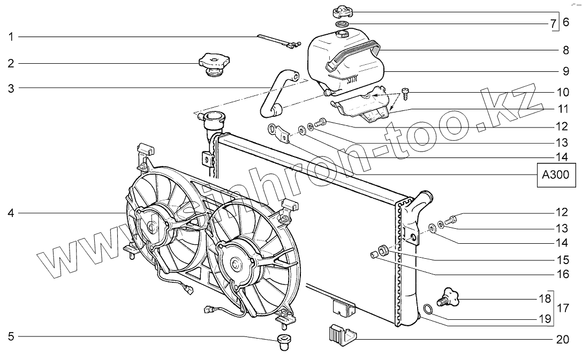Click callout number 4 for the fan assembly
pyautogui.click(x=10, y=213)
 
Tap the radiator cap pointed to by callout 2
pyautogui.click(x=213, y=63)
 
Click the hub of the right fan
pyautogui.click(x=235, y=264)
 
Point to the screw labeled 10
pyautogui.click(x=406, y=93)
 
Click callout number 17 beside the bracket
pyautogui.click(x=562, y=309)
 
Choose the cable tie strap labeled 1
pyautogui.click(x=276, y=41)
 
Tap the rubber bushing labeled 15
pyautogui.click(x=384, y=249)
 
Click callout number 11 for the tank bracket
pyautogui.click(x=561, y=109)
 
